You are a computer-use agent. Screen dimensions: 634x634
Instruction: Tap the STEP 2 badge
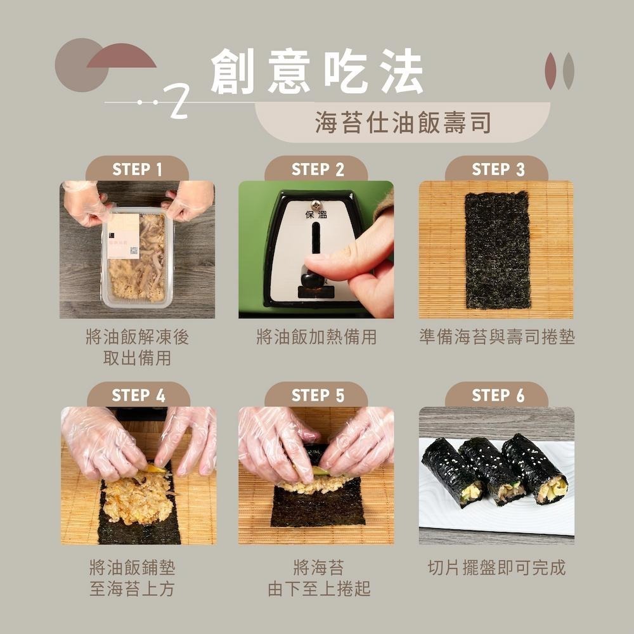pos(317,169)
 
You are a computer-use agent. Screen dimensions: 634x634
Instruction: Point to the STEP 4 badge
pos(138,396)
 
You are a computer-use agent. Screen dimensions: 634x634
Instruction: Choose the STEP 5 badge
pos(317,396)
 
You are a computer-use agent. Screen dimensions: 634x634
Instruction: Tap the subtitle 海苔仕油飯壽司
pos(403,123)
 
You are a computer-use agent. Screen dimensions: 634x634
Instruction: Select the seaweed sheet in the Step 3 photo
pos(497,249)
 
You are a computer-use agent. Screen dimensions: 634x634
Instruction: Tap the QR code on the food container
pos(133,250)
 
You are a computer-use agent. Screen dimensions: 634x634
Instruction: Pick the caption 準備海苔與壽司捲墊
pos(497,337)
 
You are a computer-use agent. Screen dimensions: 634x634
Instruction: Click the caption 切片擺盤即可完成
pos(496,567)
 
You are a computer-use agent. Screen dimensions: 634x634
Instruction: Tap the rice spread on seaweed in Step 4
pos(136,501)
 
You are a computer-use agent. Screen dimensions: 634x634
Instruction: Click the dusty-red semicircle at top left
pos(121,56)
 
